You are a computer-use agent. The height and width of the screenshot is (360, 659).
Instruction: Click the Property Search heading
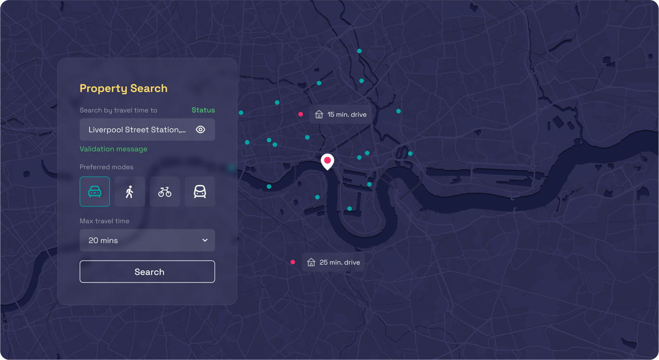124,88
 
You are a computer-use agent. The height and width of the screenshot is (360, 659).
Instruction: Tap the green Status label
203,110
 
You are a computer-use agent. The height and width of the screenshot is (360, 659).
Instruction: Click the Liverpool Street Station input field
137,130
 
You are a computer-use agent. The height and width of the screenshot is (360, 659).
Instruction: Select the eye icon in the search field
201,130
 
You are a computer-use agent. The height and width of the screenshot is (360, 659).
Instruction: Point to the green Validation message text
113,149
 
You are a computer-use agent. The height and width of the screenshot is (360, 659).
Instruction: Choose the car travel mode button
95,192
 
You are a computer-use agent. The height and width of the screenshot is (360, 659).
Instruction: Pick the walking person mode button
130,192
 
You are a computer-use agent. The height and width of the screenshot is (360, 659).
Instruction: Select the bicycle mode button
165,192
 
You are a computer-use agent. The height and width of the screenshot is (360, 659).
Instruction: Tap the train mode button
200,192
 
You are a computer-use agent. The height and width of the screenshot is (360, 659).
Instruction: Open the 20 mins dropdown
147,240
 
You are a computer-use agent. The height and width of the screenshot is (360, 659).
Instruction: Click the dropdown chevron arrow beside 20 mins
205,240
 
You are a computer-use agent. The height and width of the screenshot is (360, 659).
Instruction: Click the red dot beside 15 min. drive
301,114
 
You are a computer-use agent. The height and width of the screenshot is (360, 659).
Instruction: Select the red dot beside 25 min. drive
293,262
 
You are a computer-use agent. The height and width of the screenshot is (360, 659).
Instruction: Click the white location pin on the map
328,161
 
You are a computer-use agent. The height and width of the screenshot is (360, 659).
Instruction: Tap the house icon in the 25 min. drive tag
311,263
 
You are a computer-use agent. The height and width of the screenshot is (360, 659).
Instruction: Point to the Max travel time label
104,221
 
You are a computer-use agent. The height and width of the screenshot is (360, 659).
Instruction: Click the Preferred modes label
106,167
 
